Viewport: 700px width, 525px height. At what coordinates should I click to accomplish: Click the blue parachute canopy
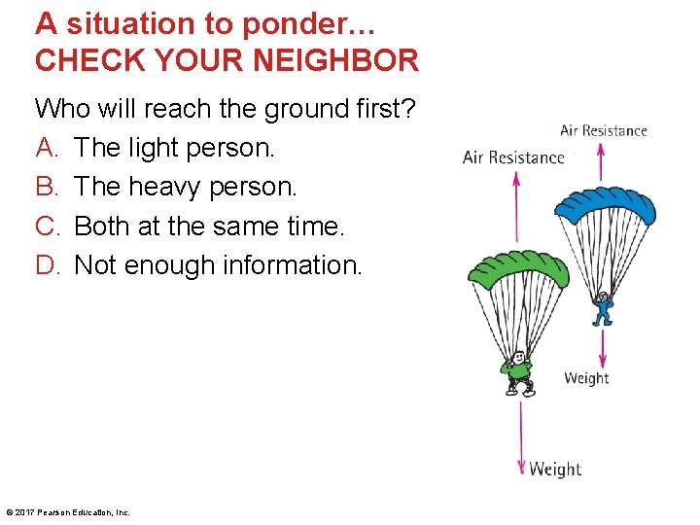pos(604,202)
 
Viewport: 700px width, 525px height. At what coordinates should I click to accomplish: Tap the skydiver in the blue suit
pos(604,308)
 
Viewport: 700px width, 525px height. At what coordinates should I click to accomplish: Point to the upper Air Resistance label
pos(604,131)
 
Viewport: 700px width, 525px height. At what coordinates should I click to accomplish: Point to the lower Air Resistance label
pos(513,157)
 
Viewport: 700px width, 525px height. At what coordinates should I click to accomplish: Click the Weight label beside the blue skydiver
pos(586,378)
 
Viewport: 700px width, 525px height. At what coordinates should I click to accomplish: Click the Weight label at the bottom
pos(555,470)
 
